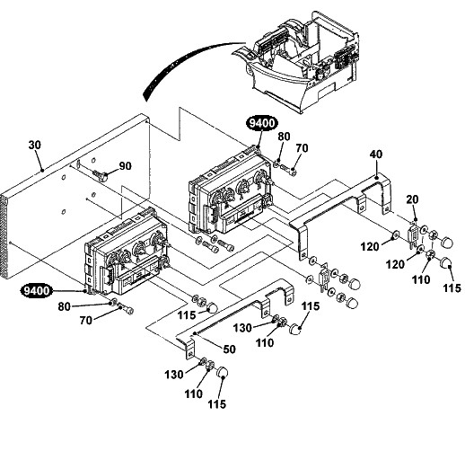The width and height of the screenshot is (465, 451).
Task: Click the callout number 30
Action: point(34,145)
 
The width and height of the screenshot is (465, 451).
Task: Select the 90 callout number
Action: point(125,166)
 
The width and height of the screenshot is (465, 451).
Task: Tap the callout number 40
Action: point(376,155)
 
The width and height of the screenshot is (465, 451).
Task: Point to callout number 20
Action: point(412,199)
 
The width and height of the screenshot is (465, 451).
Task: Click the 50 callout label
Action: point(229,349)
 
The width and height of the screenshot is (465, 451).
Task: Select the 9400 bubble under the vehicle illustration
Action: point(262,123)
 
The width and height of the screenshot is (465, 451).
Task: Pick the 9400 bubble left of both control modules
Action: point(37,290)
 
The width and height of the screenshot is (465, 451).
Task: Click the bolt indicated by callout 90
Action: point(101,175)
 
